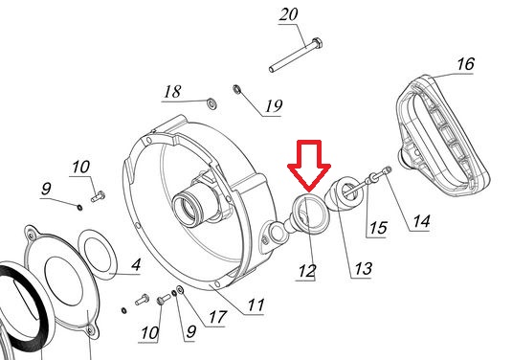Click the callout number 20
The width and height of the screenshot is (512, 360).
point(288,14)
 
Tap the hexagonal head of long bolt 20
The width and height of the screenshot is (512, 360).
point(317,43)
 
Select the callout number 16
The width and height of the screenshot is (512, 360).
point(465,64)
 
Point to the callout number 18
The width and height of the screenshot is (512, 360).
point(172,92)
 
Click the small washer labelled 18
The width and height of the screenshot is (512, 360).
point(212,103)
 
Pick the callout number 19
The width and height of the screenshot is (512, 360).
point(274,106)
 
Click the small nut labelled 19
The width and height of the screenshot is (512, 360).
point(236,88)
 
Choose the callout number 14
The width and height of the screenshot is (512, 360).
point(421,221)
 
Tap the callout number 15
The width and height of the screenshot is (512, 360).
point(378,228)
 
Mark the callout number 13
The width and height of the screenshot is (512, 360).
point(363,269)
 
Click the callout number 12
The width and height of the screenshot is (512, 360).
point(307,271)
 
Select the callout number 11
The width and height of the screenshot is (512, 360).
point(256,305)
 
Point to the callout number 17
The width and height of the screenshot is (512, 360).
point(217,317)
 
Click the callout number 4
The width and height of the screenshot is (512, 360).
point(136,264)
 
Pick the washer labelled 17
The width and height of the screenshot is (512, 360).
point(180,289)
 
